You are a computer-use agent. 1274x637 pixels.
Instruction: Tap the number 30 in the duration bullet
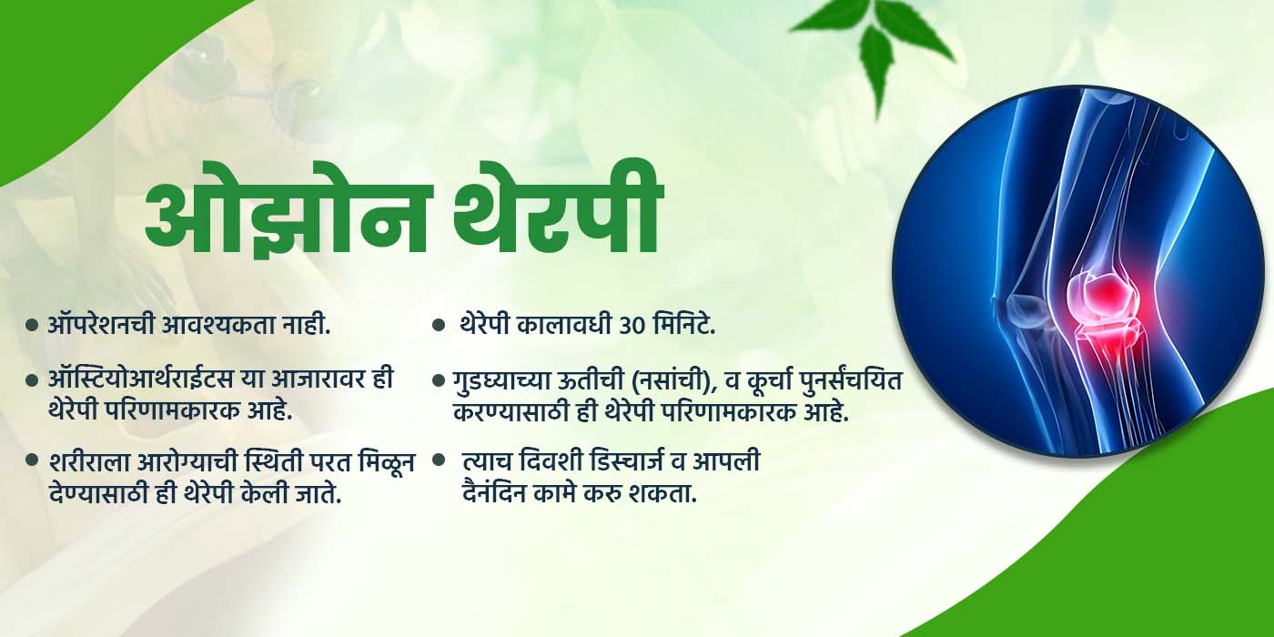click(629, 326)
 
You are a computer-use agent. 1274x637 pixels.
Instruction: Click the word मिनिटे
click(683, 326)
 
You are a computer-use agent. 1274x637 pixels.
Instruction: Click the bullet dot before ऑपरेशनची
click(32, 326)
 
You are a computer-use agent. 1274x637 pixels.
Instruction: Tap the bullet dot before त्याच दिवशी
click(438, 460)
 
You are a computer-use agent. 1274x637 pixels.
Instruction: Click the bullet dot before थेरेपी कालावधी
click(438, 326)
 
